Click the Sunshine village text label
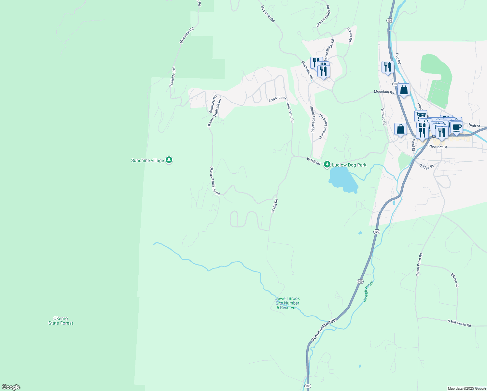[147, 160]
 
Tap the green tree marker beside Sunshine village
[169, 160]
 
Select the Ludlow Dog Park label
[349, 165]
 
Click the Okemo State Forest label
[61, 321]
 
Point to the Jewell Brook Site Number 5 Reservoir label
[287, 303]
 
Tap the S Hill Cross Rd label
[459, 323]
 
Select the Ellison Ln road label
[454, 280]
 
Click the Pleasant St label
[438, 147]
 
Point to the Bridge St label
[426, 166]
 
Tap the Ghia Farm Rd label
[290, 112]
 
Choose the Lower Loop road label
[277, 99]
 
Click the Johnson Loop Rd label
[323, 127]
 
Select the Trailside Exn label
[172, 77]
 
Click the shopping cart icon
[421, 115]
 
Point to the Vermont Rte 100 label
[323, 330]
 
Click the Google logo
[11, 387]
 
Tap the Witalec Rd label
[383, 117]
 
